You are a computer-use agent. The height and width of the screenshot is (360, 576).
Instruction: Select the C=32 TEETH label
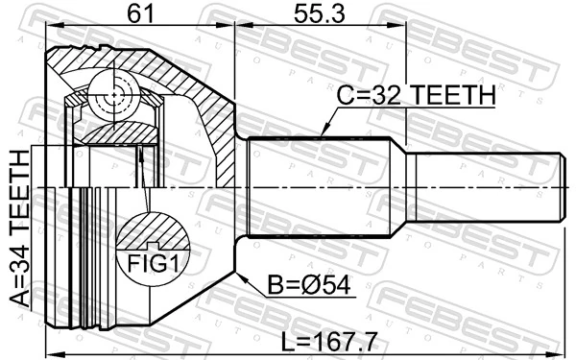click(416, 96)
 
